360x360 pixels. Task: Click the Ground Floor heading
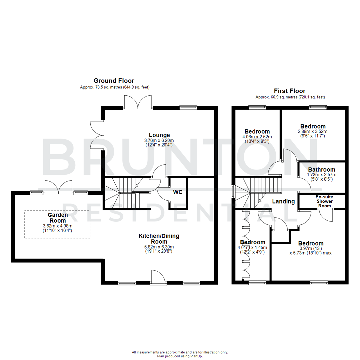pos(114,80)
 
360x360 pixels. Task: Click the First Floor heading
pos(289,91)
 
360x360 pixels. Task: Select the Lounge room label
pos(159,135)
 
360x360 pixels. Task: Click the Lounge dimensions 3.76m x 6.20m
pos(159,140)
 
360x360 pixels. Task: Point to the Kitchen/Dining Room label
pos(159,239)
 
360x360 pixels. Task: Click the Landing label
pos(283,201)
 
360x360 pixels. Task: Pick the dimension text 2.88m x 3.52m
pos(313,131)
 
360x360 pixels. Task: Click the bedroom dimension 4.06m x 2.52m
pos(257,137)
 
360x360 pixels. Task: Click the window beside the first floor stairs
pos(233,192)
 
